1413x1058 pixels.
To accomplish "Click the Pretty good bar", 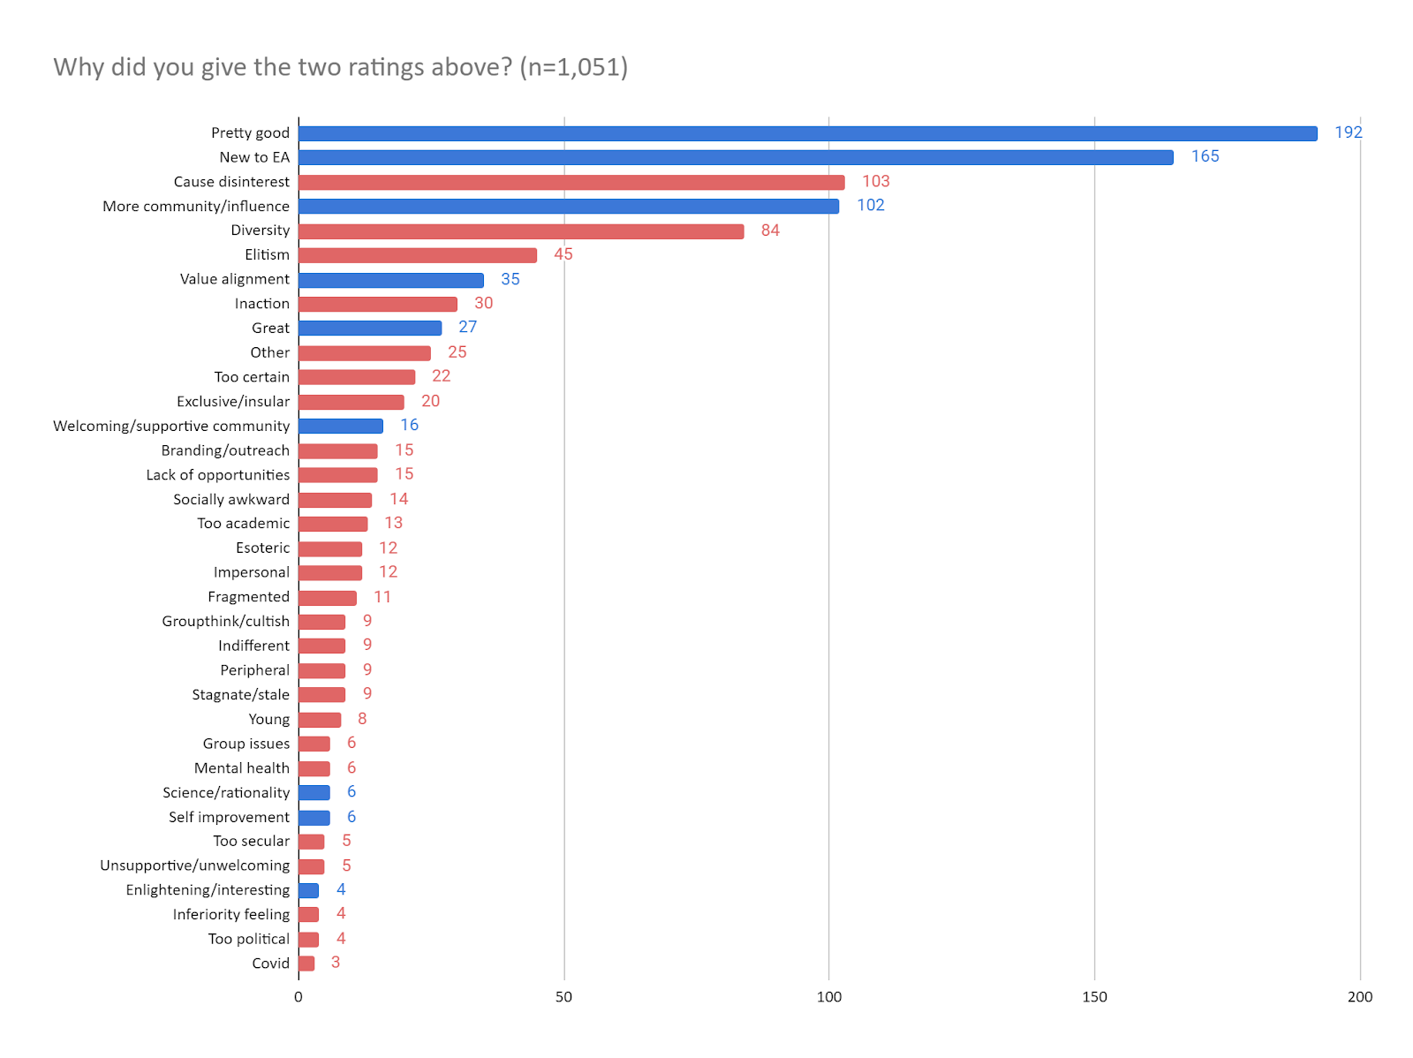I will click(x=807, y=133).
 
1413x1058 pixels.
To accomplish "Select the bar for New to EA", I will click(x=736, y=157).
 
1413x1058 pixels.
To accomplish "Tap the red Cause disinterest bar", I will click(x=571, y=182).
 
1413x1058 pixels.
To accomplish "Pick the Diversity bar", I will click(x=521, y=231).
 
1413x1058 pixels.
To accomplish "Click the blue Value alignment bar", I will click(x=390, y=280).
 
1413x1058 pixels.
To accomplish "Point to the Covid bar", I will click(x=306, y=964).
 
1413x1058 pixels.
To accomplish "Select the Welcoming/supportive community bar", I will click(x=341, y=427).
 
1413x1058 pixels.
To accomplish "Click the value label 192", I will click(x=1348, y=132).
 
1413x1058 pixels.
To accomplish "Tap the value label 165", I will click(x=1205, y=156).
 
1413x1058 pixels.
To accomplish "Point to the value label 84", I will click(x=770, y=230).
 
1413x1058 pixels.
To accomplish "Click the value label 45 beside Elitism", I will click(x=563, y=254).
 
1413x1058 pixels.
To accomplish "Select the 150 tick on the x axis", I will click(x=1094, y=997).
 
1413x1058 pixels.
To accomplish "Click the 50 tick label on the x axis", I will click(x=563, y=997).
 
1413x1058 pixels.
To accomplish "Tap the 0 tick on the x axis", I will click(x=298, y=997).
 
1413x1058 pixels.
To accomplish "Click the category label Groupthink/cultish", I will click(x=225, y=622).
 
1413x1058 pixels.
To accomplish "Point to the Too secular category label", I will click(x=251, y=842).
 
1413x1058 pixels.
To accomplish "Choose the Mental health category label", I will click(x=241, y=768).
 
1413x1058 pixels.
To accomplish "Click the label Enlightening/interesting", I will click(x=208, y=890).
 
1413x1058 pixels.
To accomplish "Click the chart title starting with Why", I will click(x=340, y=67).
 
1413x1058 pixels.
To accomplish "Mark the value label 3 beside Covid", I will click(x=336, y=963).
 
